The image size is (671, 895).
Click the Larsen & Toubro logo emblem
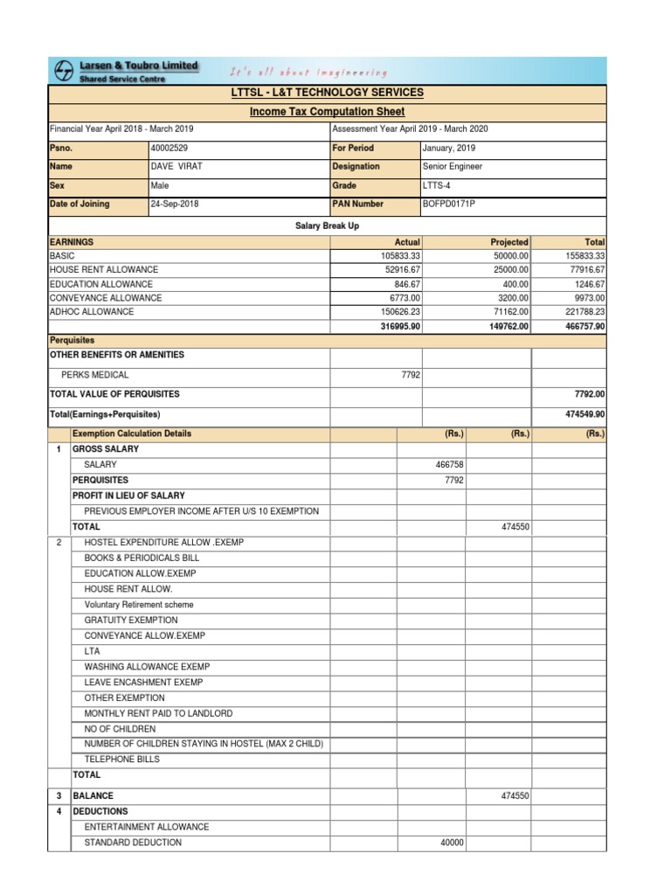coord(65,71)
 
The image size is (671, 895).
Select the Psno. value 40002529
coord(169,148)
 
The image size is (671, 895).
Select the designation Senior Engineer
coord(452,166)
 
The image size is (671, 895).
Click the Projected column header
coord(509,242)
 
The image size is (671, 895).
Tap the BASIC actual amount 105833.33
coord(395,255)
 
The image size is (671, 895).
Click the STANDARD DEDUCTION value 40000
coord(452,843)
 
